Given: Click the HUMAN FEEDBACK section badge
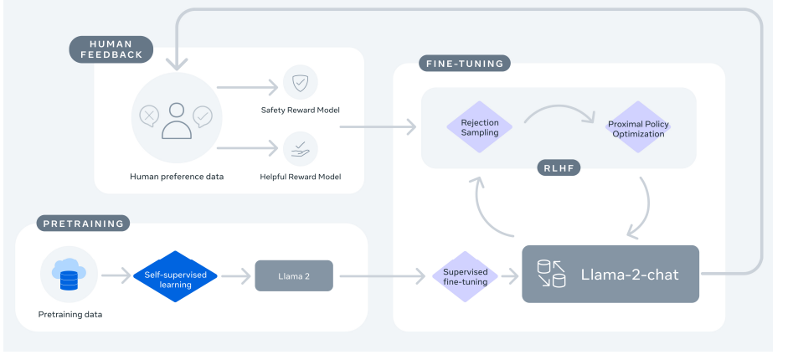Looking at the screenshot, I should (x=111, y=49).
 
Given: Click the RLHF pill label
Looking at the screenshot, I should (x=559, y=168).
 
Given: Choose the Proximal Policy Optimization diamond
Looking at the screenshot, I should (x=638, y=128).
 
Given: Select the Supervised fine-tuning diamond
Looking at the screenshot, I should (x=466, y=276).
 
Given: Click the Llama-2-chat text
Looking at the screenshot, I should (x=630, y=275).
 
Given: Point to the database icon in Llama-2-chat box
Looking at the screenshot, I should (x=550, y=275).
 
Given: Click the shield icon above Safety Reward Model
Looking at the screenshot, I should (x=299, y=82).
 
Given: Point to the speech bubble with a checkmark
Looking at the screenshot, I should (x=203, y=116).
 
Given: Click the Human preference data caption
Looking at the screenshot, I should (x=177, y=177).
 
